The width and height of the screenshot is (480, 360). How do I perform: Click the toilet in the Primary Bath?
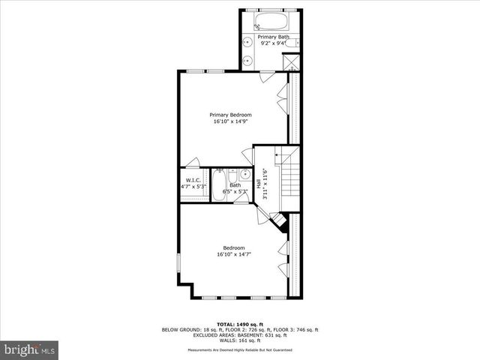pyautogui.click(x=294, y=42)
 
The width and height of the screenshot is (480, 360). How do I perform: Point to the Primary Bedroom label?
pyautogui.click(x=230, y=115)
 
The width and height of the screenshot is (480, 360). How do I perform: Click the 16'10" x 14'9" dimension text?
pyautogui.click(x=230, y=121)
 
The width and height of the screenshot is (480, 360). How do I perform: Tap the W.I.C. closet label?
pyautogui.click(x=193, y=181)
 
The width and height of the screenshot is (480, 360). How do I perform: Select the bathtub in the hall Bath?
pyautogui.click(x=219, y=184)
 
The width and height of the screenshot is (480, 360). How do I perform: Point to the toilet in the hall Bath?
pyautogui.click(x=231, y=174)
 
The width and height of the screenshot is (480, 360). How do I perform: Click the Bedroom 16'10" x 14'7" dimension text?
pyautogui.click(x=234, y=254)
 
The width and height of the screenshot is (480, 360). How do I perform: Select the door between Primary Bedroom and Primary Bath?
pyautogui.click(x=267, y=75)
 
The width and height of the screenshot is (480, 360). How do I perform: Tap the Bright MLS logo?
pyautogui.click(x=30, y=349)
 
